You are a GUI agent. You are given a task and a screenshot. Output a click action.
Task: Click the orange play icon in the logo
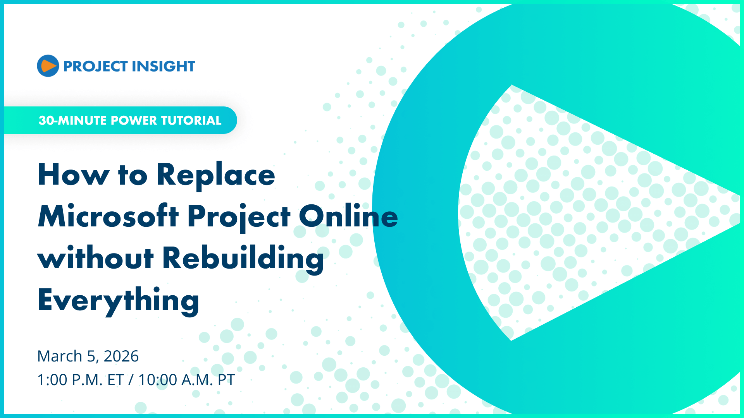(48, 66)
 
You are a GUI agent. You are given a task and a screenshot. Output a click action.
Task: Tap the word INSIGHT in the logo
(163, 67)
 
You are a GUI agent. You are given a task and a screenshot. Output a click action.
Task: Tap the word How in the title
(74, 175)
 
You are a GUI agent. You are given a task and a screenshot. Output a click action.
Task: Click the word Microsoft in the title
(108, 216)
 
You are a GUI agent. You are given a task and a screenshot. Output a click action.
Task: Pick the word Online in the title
(348, 216)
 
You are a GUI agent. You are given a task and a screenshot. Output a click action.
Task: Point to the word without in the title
(96, 258)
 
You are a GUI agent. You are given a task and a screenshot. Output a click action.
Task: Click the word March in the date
(60, 356)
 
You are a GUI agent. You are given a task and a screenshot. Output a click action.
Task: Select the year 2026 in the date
(121, 356)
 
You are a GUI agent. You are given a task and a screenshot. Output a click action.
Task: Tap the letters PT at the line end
(226, 380)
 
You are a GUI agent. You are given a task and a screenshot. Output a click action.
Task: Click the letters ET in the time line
(115, 380)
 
